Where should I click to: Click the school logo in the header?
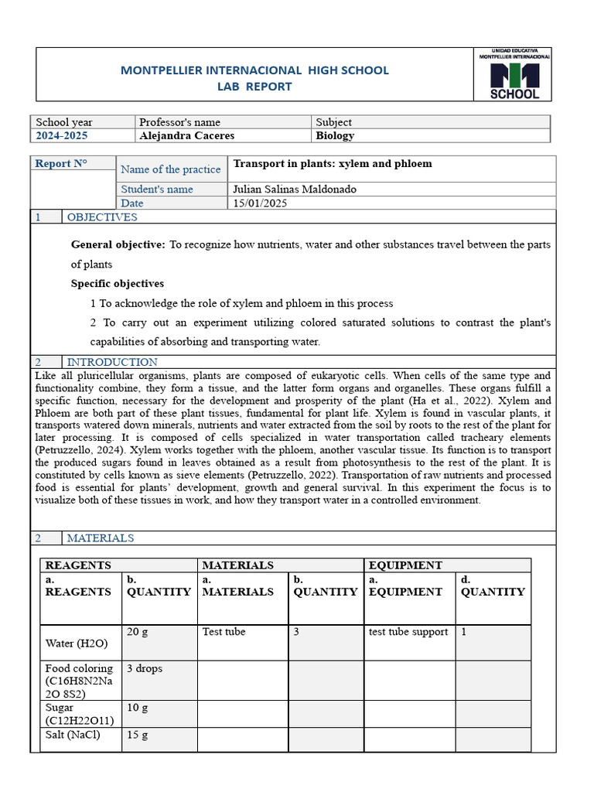tap(514, 74)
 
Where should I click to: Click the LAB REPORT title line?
tap(254, 87)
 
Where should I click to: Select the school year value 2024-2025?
tap(62, 135)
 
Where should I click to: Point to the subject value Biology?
tap(335, 135)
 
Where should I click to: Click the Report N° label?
tap(61, 163)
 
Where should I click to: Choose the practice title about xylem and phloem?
tap(333, 164)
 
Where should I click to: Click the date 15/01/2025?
tap(260, 203)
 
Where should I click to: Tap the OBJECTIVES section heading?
tap(102, 217)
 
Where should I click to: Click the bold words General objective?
tap(118, 244)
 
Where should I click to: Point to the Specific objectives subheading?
tap(118, 284)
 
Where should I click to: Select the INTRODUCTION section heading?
tap(112, 362)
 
